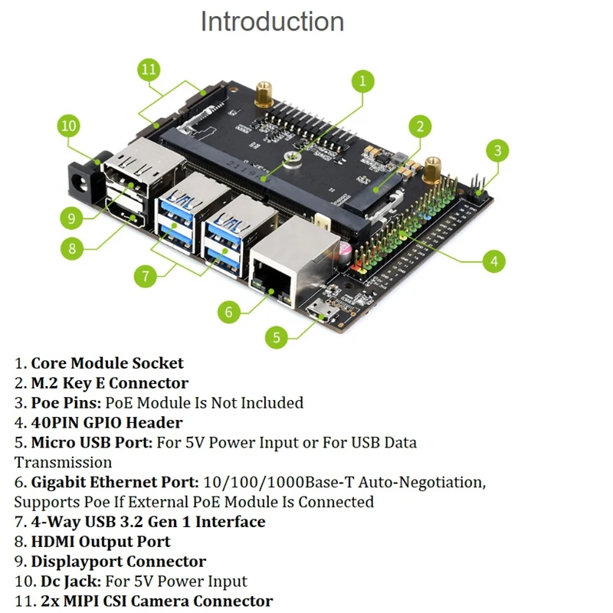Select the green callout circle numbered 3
point(498,150)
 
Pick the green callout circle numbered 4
point(494,261)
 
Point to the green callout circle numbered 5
point(278,336)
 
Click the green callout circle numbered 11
point(149,70)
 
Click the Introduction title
point(272,21)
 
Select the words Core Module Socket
point(107,363)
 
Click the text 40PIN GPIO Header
point(107,422)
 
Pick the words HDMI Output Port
point(100,542)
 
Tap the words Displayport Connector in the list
point(118,562)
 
